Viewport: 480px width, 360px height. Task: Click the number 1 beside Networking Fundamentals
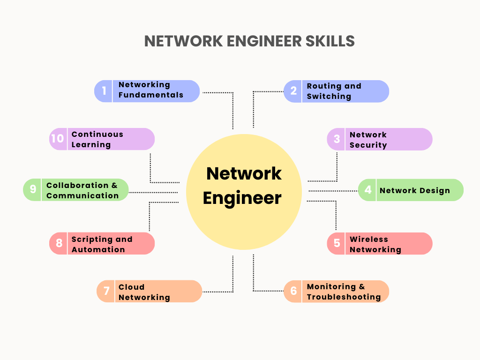(104, 90)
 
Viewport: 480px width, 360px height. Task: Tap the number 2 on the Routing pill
(293, 91)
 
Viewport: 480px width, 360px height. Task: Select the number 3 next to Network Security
(337, 139)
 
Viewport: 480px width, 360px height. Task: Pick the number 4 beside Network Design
(368, 190)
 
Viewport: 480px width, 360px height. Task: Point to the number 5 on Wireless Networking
(337, 243)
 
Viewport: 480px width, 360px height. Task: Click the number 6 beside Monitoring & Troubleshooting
(293, 291)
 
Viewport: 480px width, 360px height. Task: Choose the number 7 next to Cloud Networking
(106, 291)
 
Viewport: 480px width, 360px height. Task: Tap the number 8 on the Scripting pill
(59, 243)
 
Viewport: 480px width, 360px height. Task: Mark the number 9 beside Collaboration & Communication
(33, 189)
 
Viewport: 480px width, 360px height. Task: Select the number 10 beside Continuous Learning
(57, 139)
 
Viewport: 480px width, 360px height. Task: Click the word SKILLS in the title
(330, 41)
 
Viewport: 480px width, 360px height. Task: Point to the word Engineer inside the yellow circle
(242, 198)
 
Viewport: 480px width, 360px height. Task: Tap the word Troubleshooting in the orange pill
(344, 297)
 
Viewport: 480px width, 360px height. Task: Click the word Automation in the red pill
(98, 249)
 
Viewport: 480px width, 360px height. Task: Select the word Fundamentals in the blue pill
(150, 95)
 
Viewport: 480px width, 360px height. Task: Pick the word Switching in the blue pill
(329, 96)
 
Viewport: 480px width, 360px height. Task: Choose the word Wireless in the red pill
(368, 239)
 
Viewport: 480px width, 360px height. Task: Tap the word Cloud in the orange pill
(131, 287)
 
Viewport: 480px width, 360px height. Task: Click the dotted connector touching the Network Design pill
(333, 191)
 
